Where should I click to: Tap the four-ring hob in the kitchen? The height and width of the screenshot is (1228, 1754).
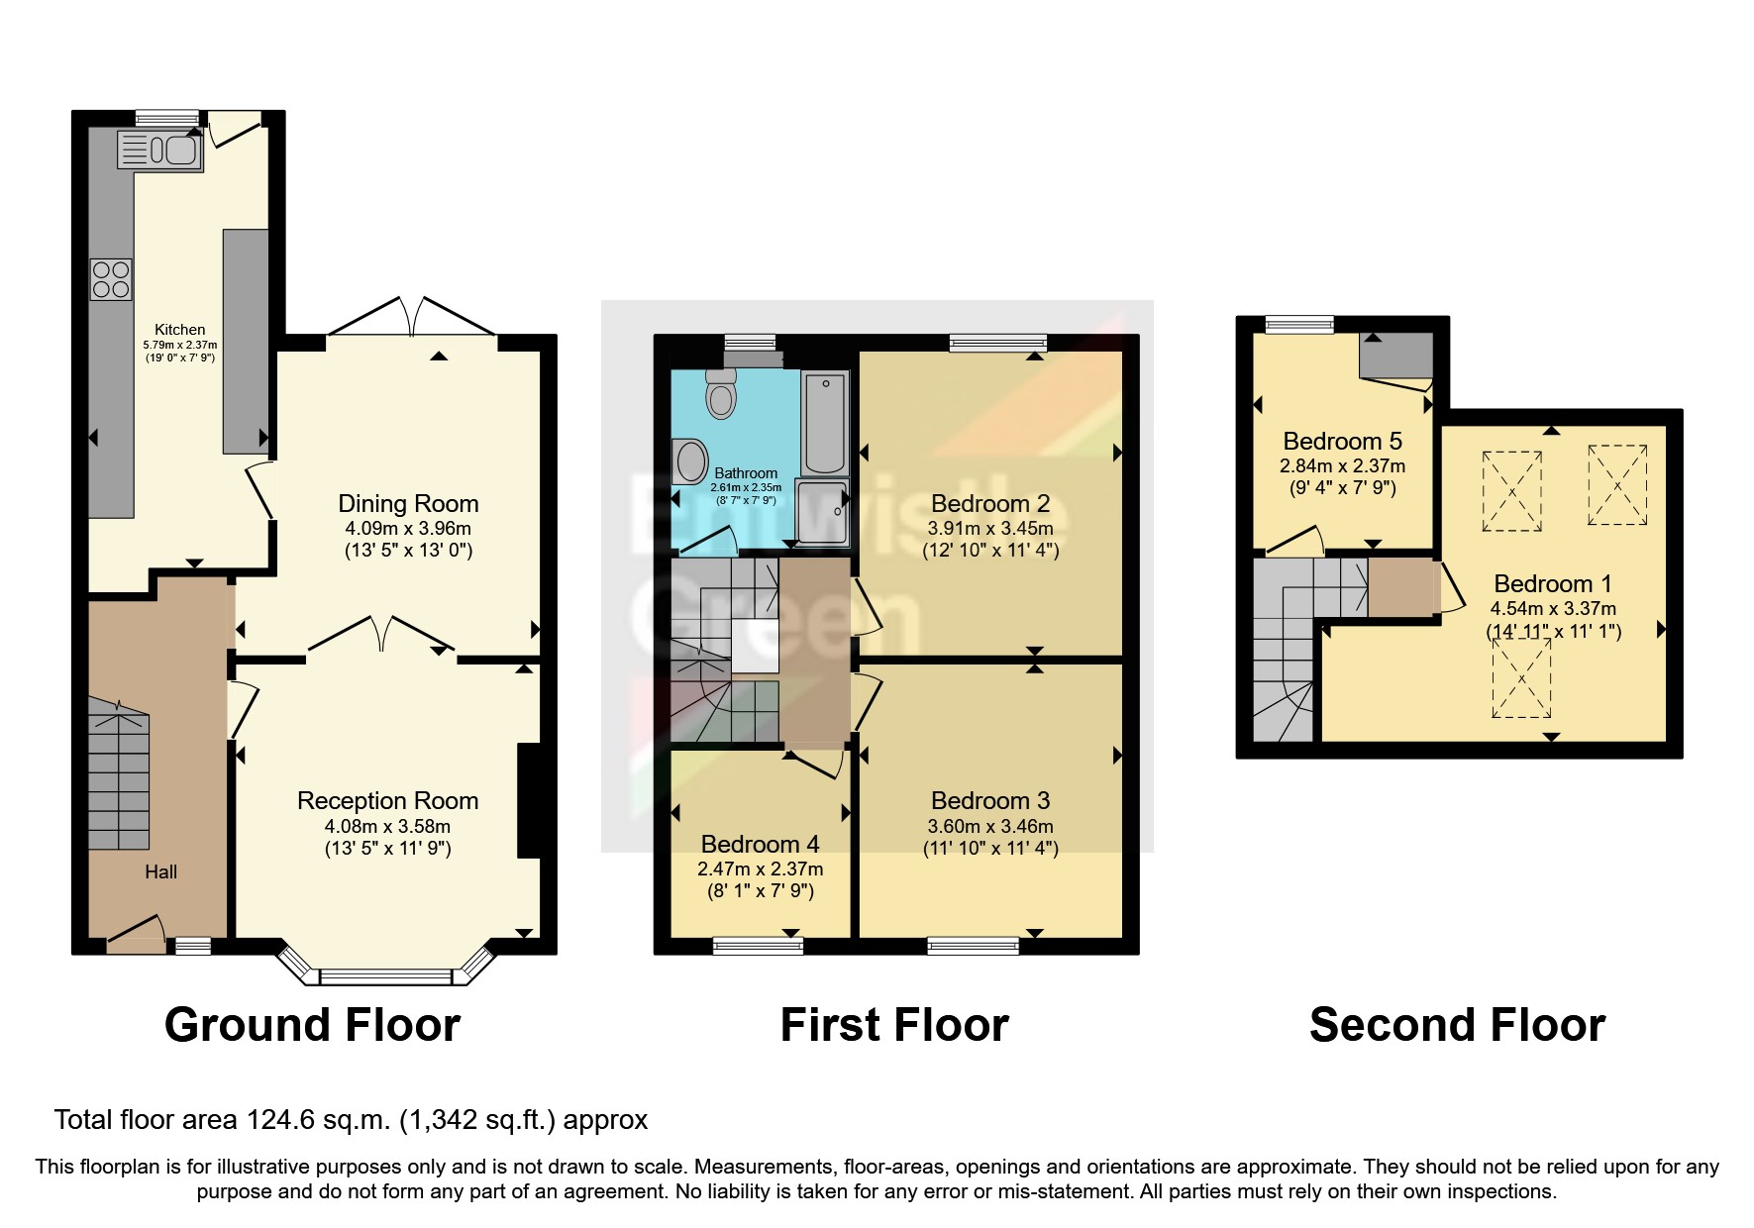pyautogui.click(x=110, y=278)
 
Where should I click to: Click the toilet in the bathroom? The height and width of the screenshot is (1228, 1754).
pyautogui.click(x=722, y=395)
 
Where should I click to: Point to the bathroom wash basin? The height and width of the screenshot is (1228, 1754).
pyautogui.click(x=691, y=462)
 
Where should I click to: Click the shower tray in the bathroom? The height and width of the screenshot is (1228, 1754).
pyautogui.click(x=823, y=512)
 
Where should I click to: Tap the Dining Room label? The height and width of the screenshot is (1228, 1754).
pyautogui.click(x=408, y=504)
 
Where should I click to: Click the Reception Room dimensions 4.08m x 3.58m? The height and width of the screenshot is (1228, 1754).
pyautogui.click(x=387, y=826)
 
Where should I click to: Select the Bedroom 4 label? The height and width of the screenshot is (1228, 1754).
pyautogui.click(x=760, y=844)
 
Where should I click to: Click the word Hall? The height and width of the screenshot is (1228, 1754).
pyautogui.click(x=160, y=871)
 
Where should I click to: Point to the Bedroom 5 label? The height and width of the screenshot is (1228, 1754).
pyautogui.click(x=1342, y=441)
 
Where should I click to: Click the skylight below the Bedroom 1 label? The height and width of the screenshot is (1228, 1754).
pyautogui.click(x=1521, y=678)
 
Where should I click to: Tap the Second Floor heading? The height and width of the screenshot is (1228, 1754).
pyautogui.click(x=1457, y=1025)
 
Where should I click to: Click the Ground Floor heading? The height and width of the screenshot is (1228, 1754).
pyautogui.click(x=312, y=1025)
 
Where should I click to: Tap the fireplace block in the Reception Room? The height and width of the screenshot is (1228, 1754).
pyautogui.click(x=529, y=800)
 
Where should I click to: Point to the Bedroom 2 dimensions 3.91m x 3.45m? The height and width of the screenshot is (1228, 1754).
pyautogui.click(x=990, y=528)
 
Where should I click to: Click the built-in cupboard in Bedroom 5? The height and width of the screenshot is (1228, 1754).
pyautogui.click(x=1395, y=356)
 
